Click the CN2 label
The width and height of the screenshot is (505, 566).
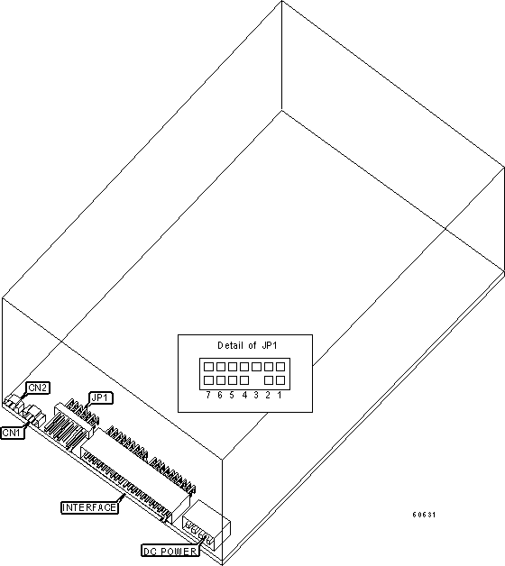click(38, 388)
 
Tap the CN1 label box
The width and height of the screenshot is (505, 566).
click(13, 433)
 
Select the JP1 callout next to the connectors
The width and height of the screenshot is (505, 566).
click(101, 398)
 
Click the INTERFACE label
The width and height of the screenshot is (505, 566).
click(89, 507)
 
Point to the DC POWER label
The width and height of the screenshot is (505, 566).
click(170, 552)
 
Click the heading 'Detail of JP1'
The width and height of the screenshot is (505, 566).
click(247, 345)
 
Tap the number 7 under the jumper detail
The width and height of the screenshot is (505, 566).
click(208, 395)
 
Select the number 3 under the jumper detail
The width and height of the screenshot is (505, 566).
click(256, 395)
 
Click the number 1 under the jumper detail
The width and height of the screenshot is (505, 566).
click(280, 395)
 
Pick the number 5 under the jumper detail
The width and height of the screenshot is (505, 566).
click(232, 395)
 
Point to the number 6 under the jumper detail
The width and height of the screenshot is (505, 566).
click(220, 395)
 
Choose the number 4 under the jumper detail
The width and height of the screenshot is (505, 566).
click(244, 395)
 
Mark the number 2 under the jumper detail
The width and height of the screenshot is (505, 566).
click(268, 395)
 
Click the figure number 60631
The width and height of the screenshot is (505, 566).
click(424, 515)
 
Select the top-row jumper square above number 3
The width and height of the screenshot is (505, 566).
click(256, 367)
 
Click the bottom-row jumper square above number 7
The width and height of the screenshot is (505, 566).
click(208, 380)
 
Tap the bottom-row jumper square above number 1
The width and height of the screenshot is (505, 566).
click(280, 380)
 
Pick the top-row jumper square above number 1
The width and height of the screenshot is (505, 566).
click(280, 367)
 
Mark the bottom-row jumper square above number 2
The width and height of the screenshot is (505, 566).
click(269, 380)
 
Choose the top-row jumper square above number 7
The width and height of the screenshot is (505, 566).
click(208, 367)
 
